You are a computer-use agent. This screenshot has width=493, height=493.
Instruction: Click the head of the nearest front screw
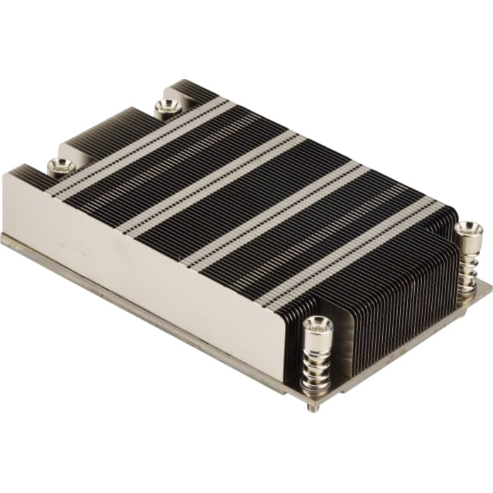pyautogui.click(x=318, y=325)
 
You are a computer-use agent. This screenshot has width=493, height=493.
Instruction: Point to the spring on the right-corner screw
pyautogui.click(x=467, y=266)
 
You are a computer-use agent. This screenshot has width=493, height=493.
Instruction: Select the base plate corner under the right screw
pyautogui.click(x=489, y=285)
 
